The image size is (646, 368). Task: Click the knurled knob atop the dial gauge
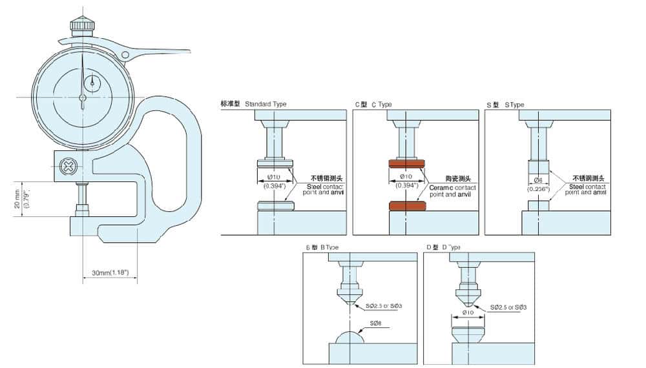click(82, 25)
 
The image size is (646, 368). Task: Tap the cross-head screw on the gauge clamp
click(67, 167)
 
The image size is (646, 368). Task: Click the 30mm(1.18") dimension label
click(110, 273)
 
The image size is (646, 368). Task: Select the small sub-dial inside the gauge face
click(94, 82)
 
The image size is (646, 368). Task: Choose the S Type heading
click(505, 104)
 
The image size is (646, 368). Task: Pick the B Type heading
click(322, 247)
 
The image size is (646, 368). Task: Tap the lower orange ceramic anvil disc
click(407, 206)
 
